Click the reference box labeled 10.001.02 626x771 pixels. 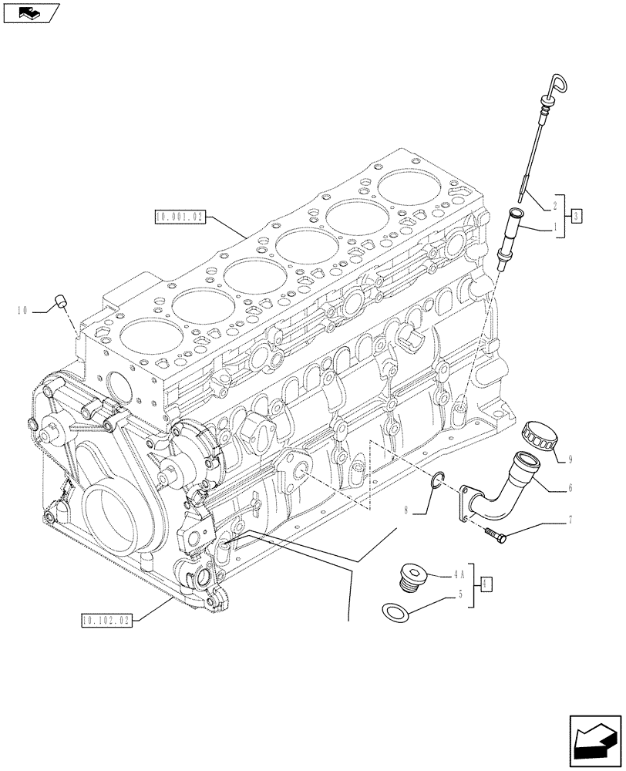pos(178,218)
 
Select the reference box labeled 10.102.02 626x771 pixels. pos(106,618)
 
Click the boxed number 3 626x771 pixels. pos(577,216)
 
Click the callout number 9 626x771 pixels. pos(569,460)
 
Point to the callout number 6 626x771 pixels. pos(569,487)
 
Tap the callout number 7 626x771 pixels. pos(569,520)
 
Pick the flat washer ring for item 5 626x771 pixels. pos(395,613)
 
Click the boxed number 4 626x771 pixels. pos(486,585)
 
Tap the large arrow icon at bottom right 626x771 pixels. pos(594,740)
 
